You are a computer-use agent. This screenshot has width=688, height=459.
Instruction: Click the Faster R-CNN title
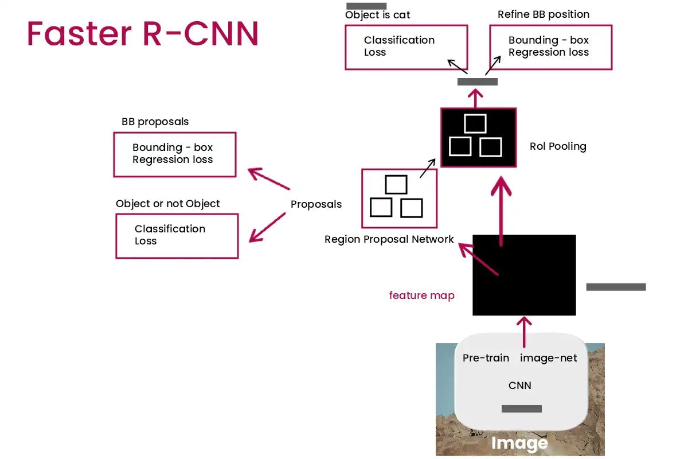pyautogui.click(x=143, y=34)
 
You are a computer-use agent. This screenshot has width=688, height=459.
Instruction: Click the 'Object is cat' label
pyautogui.click(x=377, y=15)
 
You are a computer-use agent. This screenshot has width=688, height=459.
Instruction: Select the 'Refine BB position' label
pyautogui.click(x=543, y=14)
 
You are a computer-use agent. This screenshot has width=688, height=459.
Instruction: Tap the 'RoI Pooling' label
pyautogui.click(x=558, y=146)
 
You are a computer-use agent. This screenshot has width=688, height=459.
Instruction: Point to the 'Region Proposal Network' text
pyautogui.click(x=389, y=239)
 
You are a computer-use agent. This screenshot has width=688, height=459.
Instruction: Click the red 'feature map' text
pyautogui.click(x=421, y=295)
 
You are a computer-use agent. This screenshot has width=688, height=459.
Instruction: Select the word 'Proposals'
pyautogui.click(x=316, y=204)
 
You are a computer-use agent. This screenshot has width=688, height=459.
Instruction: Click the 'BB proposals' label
pyautogui.click(x=155, y=122)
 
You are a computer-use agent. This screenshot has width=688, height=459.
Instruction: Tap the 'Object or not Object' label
pyautogui.click(x=167, y=204)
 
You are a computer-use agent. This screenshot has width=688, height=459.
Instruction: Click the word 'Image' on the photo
pyautogui.click(x=519, y=443)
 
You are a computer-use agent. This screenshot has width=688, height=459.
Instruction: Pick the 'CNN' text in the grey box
pyautogui.click(x=520, y=386)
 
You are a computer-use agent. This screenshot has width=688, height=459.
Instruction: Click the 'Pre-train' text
pyautogui.click(x=486, y=358)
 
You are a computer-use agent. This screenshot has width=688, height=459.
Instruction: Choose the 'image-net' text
pyautogui.click(x=548, y=358)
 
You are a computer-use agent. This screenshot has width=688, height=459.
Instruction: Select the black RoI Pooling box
pyautogui.click(x=478, y=138)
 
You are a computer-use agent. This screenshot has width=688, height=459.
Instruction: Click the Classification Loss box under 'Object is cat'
pyautogui.click(x=406, y=47)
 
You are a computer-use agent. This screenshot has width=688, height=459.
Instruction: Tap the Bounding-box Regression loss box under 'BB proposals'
pyautogui.click(x=174, y=154)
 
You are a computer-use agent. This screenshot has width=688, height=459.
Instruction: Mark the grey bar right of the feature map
pyautogui.click(x=616, y=287)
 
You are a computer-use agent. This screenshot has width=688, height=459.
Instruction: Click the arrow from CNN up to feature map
pyautogui.click(x=524, y=330)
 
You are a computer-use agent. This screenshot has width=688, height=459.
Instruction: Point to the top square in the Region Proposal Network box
pyautogui.click(x=396, y=185)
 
